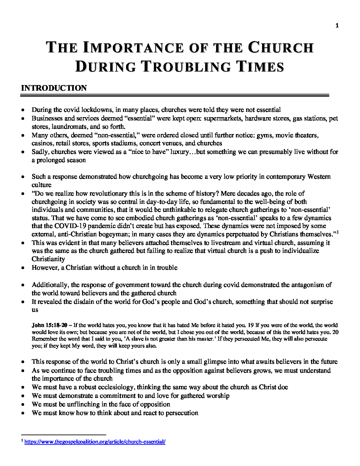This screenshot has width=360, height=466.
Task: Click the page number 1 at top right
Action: (337, 26)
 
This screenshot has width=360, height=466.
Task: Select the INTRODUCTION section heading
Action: (54, 88)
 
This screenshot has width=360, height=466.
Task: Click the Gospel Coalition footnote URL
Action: (95, 442)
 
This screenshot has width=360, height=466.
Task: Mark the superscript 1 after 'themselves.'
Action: (337, 232)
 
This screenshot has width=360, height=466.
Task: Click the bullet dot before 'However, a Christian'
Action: (22, 268)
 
